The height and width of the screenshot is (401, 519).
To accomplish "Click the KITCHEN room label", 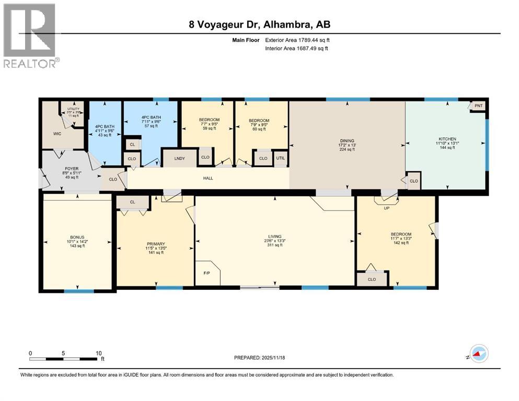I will tap(447, 139).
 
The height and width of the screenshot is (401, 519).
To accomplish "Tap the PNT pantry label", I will tap(478, 105).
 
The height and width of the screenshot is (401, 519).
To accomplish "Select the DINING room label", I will tap(347, 140).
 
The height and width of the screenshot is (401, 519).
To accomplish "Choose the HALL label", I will tap(209, 179).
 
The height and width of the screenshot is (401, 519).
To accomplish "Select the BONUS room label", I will tap(77, 237).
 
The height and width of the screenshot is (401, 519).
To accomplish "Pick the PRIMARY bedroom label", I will tap(156, 244).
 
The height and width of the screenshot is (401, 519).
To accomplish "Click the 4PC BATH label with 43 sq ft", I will tap(105, 126).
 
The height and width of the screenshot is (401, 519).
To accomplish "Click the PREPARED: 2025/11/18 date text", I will tap(259, 358).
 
